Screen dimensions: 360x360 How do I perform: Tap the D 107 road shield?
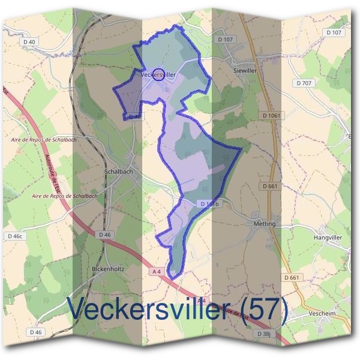[225, 40]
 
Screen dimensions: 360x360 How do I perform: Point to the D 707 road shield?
[304, 82]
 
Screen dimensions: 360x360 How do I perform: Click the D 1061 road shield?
[271, 115]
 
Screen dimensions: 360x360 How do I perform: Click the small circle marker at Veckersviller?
[158, 75]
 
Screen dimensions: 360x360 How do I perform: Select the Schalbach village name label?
[118, 171]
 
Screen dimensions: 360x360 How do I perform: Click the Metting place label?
[265, 224]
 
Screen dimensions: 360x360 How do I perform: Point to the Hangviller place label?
[328, 238]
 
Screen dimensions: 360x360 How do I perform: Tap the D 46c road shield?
[14, 236]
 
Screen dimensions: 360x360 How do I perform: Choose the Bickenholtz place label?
[108, 269]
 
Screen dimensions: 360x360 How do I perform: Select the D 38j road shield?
[265, 333]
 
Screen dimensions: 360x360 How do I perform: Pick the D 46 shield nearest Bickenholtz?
[104, 234]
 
